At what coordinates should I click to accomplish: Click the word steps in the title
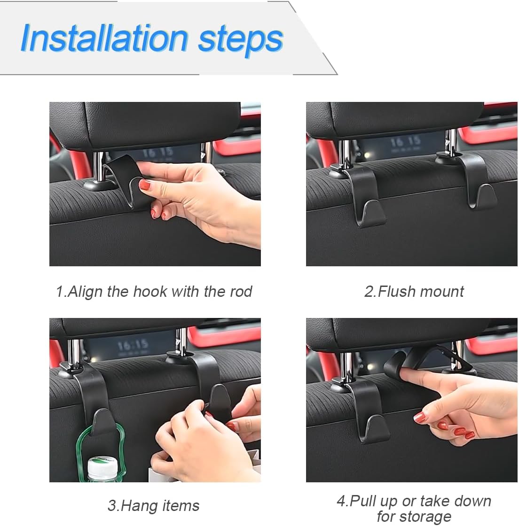(x=240, y=39)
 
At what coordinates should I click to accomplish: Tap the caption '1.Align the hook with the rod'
(x=154, y=292)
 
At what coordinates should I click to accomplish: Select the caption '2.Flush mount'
(x=414, y=292)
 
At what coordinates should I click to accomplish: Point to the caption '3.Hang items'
(x=154, y=505)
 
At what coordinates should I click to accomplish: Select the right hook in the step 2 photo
(x=475, y=181)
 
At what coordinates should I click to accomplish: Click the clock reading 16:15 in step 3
(x=133, y=347)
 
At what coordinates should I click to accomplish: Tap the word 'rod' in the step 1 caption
(x=240, y=292)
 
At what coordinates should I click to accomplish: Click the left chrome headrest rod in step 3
(x=74, y=352)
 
